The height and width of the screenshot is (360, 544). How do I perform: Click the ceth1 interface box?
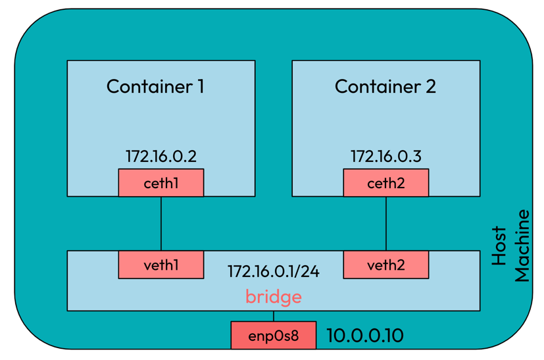tap(161, 183)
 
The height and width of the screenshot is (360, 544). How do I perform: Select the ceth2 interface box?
tap(385, 183)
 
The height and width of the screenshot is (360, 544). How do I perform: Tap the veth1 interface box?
tap(161, 265)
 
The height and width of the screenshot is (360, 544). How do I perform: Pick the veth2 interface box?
tap(385, 265)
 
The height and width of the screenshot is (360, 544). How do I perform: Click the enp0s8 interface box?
tap(273, 336)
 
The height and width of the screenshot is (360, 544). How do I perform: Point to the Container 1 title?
tap(155, 86)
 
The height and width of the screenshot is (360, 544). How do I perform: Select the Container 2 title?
tap(385, 86)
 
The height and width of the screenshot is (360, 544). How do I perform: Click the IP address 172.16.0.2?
tap(161, 156)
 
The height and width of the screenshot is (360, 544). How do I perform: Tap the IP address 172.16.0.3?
tap(385, 156)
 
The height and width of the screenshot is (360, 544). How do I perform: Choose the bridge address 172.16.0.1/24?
tap(273, 271)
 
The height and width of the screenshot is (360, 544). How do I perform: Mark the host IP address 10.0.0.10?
tap(364, 336)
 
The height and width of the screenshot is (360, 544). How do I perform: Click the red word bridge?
tap(273, 297)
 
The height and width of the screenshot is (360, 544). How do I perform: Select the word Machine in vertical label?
tap(522, 245)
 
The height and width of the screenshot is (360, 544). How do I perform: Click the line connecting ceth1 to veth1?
tap(161, 224)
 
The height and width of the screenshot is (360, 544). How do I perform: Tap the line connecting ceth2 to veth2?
tap(386, 224)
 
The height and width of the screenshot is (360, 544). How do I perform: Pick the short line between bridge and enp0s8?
tap(274, 316)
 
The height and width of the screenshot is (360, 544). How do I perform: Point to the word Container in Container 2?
tap(376, 86)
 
